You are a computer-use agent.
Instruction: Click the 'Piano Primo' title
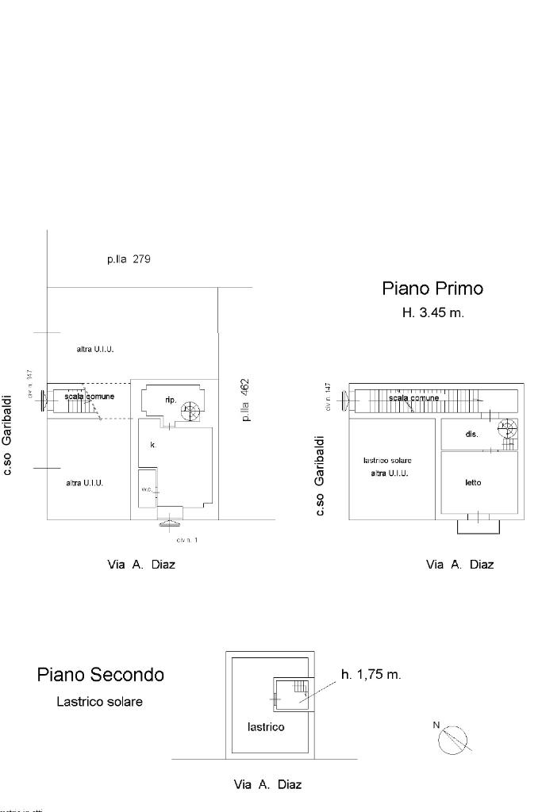[432, 289]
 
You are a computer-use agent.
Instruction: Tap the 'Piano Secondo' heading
[101, 675]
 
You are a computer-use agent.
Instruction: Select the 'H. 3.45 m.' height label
[432, 312]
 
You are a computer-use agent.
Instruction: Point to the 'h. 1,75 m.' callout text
[371, 675]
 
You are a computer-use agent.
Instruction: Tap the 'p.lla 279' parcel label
[129, 259]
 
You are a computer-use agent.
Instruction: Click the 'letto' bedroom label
[474, 482]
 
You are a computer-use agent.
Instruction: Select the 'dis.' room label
[471, 434]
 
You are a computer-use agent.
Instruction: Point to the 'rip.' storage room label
[171, 400]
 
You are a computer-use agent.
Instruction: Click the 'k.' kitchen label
[152, 445]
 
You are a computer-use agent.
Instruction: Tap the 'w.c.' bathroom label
[147, 489]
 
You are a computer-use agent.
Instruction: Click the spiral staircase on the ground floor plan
[190, 410]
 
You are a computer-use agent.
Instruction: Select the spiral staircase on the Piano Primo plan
[506, 429]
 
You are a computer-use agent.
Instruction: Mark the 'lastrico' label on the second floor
[266, 726]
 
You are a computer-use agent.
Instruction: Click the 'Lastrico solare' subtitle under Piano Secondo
[99, 702]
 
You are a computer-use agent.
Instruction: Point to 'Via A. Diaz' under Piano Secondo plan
[267, 785]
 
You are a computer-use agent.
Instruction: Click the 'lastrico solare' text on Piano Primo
[387, 460]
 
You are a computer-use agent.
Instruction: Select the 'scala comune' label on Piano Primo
[413, 397]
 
